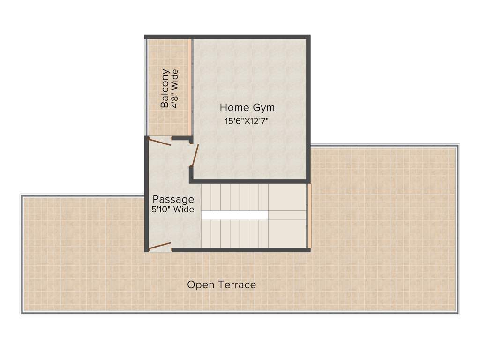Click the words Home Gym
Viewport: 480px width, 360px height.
pyautogui.click(x=247, y=107)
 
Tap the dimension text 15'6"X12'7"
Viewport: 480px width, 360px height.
pyautogui.click(x=247, y=121)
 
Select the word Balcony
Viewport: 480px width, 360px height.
pyautogui.click(x=165, y=89)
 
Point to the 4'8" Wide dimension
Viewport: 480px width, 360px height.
pyautogui.click(x=175, y=89)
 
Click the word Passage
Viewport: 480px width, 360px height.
pyautogui.click(x=173, y=200)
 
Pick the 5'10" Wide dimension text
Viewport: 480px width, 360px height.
pyautogui.click(x=172, y=210)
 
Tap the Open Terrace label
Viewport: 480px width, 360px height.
pyautogui.click(x=221, y=285)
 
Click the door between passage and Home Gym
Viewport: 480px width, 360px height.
pyautogui.click(x=195, y=156)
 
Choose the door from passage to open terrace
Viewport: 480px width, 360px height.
pyautogui.click(x=159, y=246)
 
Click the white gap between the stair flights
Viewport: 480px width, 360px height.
pyautogui.click(x=234, y=215)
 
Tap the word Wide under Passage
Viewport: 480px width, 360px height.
pyautogui.click(x=184, y=210)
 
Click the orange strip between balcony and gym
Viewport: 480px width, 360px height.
pyautogui.click(x=190, y=87)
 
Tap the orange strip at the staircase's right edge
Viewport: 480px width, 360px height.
pyautogui.click(x=309, y=215)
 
